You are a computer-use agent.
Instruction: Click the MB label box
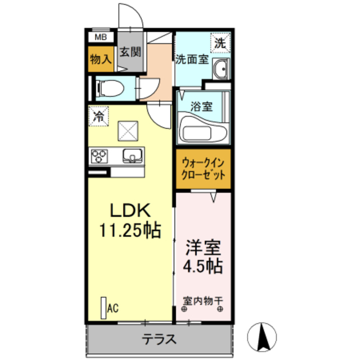(100, 38)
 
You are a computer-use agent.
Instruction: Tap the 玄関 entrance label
(130, 53)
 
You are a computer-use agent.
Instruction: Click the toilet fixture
(107, 87)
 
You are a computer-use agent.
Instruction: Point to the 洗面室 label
(192, 58)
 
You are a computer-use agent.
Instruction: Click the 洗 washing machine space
(220, 42)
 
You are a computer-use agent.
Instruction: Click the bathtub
(203, 130)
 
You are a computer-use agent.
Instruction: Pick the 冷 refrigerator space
(98, 118)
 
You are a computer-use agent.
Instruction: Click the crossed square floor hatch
(127, 131)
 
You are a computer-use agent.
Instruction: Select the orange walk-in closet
(202, 168)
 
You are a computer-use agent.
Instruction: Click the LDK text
(129, 210)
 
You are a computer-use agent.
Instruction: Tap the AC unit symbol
(103, 307)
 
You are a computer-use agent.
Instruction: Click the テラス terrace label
(160, 339)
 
